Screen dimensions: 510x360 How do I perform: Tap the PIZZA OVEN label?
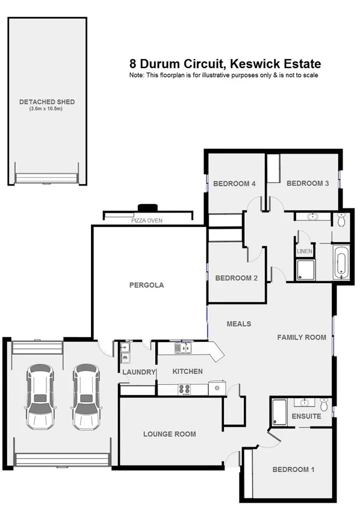click(x=147, y=221)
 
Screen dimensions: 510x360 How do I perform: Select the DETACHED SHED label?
click(x=47, y=102)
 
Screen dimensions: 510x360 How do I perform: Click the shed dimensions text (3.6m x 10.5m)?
click(x=47, y=109)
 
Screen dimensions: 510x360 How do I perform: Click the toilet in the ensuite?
click(x=324, y=403)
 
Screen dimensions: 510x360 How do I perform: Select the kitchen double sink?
click(x=182, y=347)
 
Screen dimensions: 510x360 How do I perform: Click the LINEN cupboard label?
click(x=305, y=250)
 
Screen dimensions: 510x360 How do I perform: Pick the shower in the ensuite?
click(x=280, y=412)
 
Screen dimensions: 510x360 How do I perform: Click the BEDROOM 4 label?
click(x=235, y=184)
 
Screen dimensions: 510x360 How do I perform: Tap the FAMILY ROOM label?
click(x=302, y=337)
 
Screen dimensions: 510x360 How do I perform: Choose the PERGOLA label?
click(x=146, y=285)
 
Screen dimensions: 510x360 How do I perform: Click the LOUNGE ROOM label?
click(x=169, y=434)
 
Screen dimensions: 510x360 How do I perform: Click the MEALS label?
click(x=238, y=324)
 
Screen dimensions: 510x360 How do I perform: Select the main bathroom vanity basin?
click(x=313, y=217)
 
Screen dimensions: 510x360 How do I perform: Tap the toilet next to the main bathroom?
click(x=341, y=220)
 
